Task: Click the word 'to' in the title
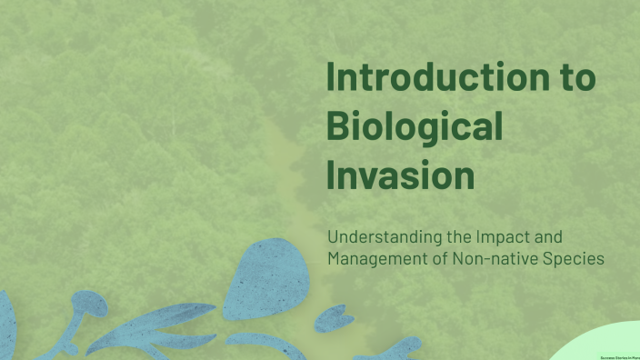point(576,78)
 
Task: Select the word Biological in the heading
point(414,127)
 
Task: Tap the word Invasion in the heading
point(400,175)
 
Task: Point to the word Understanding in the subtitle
point(385,237)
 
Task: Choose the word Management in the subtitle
point(375,259)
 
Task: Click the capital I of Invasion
point(331,175)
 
